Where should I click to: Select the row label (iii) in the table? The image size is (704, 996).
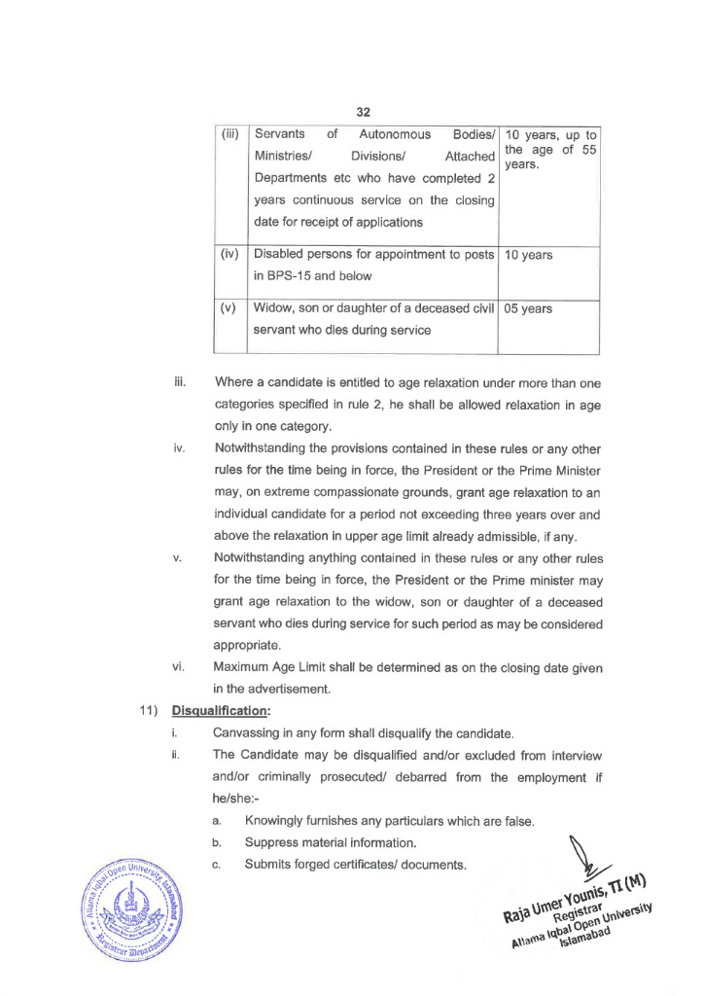tap(230, 134)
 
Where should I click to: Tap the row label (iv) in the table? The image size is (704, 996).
tap(230, 255)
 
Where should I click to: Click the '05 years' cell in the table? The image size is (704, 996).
tap(529, 308)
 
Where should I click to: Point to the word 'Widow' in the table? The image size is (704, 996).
tap(275, 308)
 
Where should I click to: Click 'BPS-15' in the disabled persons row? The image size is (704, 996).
tap(295, 276)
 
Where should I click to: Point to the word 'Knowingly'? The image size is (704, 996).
tap(280, 822)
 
